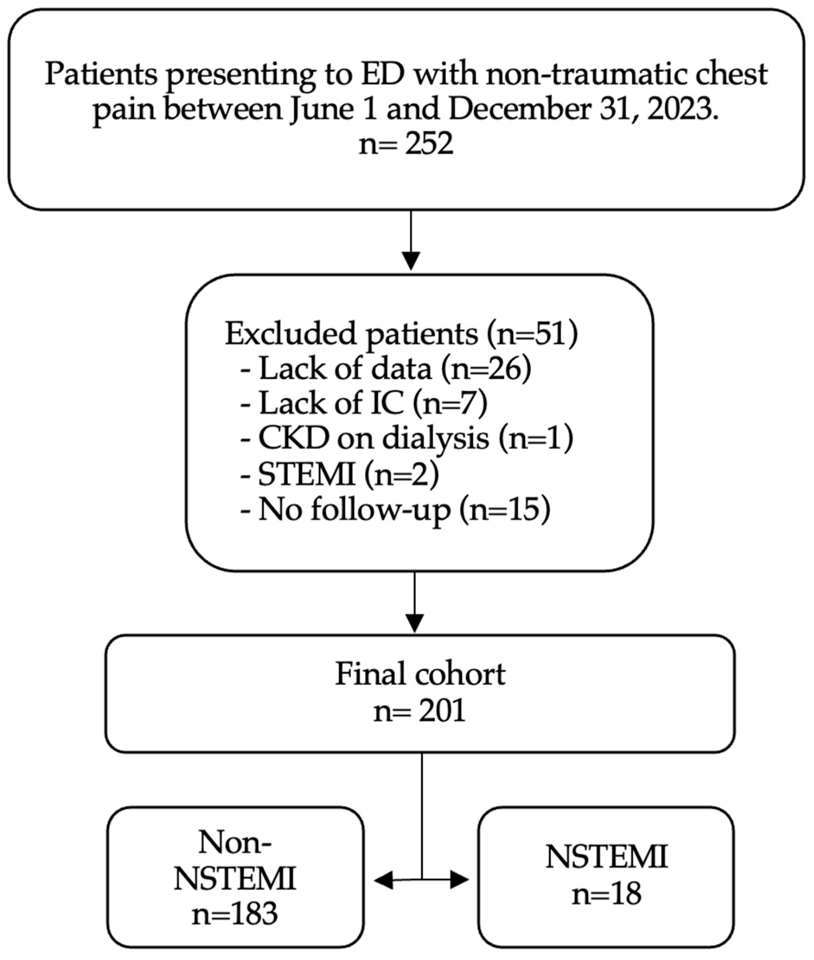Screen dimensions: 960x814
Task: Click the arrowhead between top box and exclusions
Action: [411, 261]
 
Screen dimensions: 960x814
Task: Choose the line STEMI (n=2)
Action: [339, 474]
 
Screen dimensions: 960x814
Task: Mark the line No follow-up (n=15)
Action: [396, 510]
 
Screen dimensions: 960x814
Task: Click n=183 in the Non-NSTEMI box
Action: [235, 914]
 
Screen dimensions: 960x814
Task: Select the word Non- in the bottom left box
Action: [235, 843]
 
